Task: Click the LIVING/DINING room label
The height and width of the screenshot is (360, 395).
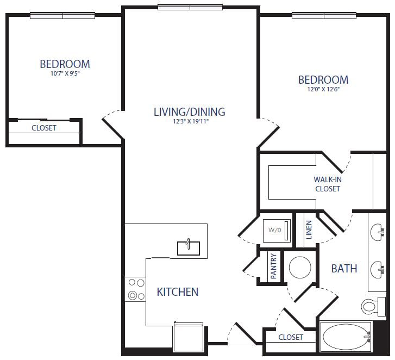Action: [x=189, y=112]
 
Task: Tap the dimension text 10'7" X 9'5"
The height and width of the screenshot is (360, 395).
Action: [x=65, y=74]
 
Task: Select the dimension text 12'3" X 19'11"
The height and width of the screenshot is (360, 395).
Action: [x=189, y=122]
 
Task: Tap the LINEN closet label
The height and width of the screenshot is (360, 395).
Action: [x=309, y=230]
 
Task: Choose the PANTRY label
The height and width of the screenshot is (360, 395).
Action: [x=273, y=266]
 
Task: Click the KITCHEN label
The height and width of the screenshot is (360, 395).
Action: [x=178, y=292]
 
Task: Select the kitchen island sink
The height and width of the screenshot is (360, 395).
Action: [x=189, y=247]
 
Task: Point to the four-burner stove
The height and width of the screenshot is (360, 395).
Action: [x=135, y=289]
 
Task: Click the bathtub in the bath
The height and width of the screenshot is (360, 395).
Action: [x=347, y=337]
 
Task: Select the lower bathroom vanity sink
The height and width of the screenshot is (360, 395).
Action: [x=377, y=268]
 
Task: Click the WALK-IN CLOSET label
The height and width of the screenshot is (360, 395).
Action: [x=328, y=184]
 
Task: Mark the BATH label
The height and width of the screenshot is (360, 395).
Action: [x=344, y=268]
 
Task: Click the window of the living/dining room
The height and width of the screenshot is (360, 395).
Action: [x=190, y=7]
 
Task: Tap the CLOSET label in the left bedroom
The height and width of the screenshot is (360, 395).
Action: [x=44, y=128]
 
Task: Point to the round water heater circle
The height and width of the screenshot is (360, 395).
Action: [x=299, y=268]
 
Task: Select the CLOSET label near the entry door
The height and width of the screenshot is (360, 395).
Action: [x=291, y=337]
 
